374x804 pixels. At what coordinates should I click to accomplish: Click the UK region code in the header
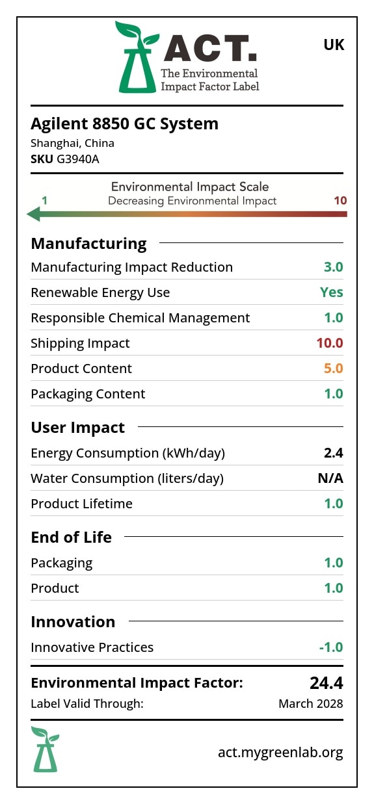[334, 45]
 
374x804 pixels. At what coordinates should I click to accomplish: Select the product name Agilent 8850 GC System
[125, 124]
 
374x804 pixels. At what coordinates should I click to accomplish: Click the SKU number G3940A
[78, 159]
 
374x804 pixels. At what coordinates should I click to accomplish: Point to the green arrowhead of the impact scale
[34, 214]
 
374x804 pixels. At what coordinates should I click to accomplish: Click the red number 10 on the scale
[340, 200]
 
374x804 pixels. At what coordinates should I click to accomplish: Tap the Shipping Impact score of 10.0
[330, 343]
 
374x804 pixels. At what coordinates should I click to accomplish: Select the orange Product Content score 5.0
[334, 369]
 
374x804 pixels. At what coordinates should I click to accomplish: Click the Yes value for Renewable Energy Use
[332, 292]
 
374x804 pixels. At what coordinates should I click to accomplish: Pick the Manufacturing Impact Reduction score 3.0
[334, 267]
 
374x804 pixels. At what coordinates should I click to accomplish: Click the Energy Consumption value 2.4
[334, 453]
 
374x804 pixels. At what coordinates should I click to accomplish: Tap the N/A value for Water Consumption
[330, 478]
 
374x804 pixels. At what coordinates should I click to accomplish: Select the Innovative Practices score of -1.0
[331, 647]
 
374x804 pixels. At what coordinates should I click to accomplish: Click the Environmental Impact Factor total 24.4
[327, 683]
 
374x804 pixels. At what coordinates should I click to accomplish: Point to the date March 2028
[311, 704]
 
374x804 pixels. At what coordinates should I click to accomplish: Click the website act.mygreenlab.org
[280, 752]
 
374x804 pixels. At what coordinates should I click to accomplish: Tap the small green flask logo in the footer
[46, 749]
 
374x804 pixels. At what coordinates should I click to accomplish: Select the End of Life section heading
[71, 538]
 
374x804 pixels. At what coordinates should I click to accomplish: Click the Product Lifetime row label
[81, 504]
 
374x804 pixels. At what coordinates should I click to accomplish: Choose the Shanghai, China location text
[72, 143]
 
